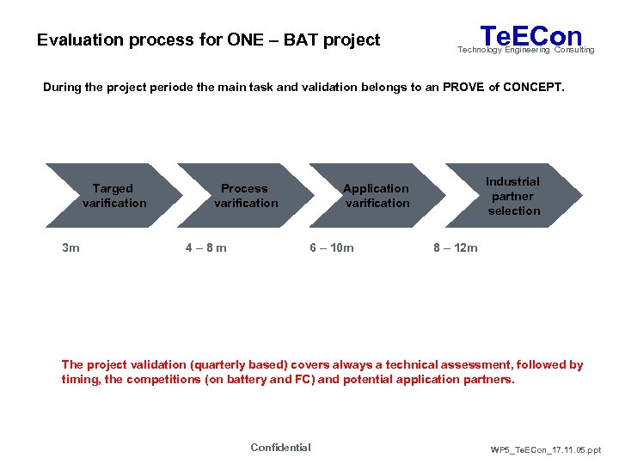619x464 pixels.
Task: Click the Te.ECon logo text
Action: [530, 35]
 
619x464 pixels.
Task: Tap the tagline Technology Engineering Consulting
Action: [525, 51]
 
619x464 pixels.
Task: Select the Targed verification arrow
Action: [113, 196]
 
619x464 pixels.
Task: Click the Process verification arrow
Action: [246, 196]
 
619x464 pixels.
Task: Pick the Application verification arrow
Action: [377, 196]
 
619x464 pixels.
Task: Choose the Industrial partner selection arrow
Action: [512, 196]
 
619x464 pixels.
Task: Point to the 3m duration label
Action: [70, 248]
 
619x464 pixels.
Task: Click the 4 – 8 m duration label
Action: [206, 248]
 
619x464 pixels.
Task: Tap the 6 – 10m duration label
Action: [332, 248]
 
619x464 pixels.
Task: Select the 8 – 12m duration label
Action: [456, 248]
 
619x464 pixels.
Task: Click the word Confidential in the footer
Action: [280, 447]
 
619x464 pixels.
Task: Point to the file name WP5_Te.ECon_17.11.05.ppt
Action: [545, 449]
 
